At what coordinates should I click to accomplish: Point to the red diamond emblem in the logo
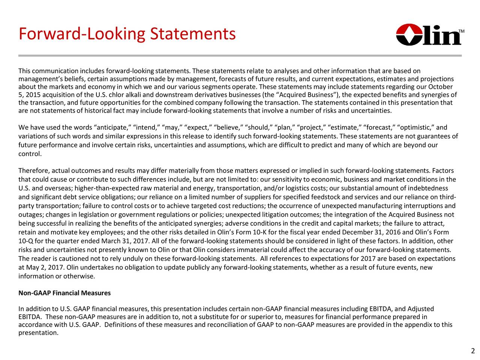click(406, 34)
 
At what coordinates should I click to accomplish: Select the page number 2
click(473, 351)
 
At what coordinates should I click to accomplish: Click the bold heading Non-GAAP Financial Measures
click(64, 293)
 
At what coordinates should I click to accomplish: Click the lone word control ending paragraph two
click(29, 154)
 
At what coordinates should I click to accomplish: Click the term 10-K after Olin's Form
click(260, 232)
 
